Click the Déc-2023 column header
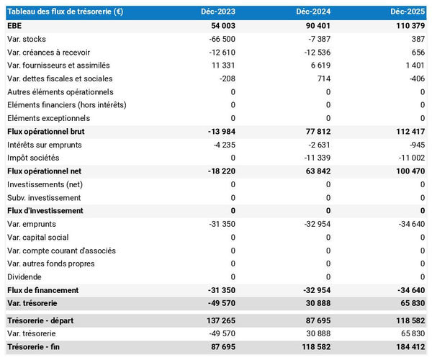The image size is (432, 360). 219,12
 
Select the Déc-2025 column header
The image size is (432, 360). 408,12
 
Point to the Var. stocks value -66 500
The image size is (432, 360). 220,39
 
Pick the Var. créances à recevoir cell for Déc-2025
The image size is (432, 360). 418,52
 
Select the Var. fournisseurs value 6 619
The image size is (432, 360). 318,65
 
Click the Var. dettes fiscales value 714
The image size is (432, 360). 322,78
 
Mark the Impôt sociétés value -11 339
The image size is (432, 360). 315,158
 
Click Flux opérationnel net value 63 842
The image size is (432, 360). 315,171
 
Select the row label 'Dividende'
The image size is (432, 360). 25,276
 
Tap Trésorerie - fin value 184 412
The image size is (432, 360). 408,347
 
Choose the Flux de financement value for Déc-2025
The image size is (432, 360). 410,289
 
